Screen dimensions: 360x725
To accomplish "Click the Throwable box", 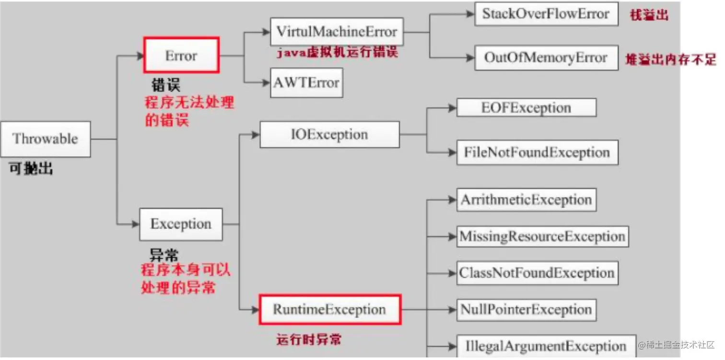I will point(46,139).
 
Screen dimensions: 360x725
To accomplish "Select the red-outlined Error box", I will point(181,56).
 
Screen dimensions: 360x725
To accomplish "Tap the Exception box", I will point(181,224).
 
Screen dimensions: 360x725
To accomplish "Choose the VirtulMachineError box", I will point(337,32).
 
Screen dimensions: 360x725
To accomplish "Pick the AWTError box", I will point(306,82).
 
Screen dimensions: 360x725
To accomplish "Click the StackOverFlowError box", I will point(546,14).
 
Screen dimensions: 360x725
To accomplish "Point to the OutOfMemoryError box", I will point(546,58).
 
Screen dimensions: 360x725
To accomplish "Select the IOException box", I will point(329,134).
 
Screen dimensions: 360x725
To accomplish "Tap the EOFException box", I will point(526,108).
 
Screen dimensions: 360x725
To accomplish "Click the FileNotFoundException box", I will point(537,153).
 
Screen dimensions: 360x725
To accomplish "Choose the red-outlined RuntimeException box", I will point(329,309).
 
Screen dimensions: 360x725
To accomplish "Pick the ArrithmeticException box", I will point(526,200).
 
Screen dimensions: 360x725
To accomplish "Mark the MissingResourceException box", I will point(542,236).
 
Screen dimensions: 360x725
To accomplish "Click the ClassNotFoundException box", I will point(537,273).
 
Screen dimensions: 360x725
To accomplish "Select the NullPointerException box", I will point(526,309).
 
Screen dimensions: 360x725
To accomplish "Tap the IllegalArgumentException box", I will point(546,346).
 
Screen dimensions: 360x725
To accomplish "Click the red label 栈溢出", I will point(649,15).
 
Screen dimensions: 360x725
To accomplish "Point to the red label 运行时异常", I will point(309,340).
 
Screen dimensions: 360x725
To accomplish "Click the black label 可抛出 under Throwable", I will point(31,169).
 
